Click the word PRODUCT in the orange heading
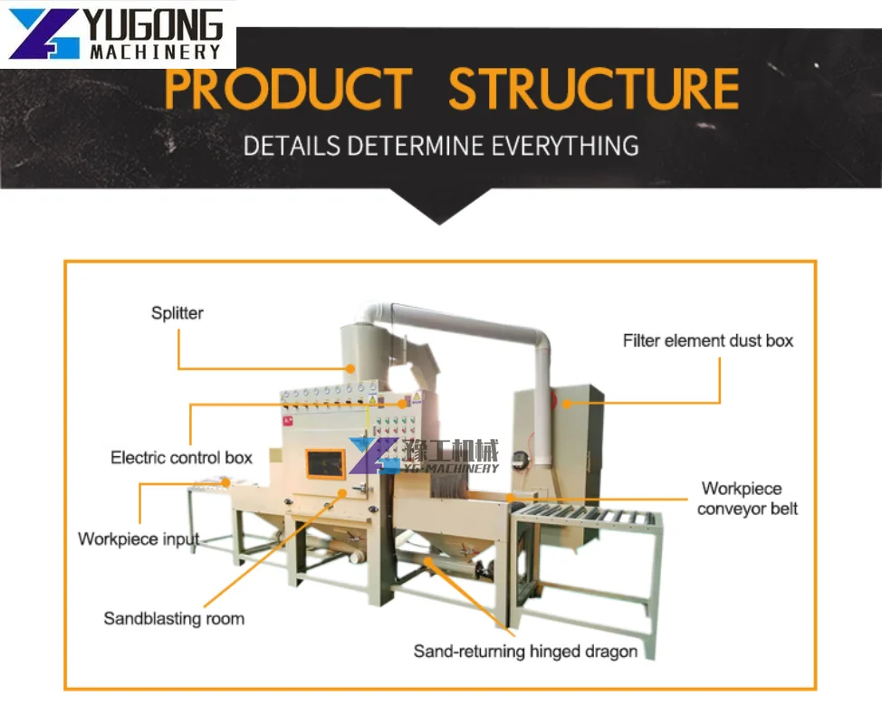click(288, 90)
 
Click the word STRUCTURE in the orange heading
click(594, 90)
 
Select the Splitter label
click(177, 313)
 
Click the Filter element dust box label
click(707, 341)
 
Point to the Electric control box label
click(181, 457)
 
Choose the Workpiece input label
click(138, 538)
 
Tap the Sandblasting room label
click(174, 619)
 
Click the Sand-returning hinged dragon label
click(525, 651)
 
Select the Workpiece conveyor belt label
click(747, 499)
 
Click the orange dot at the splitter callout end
click(350, 368)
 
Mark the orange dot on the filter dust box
click(566, 404)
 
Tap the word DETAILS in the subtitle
click(292, 145)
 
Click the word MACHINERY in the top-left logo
click(155, 52)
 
